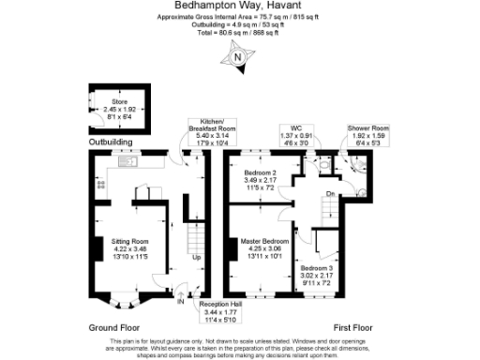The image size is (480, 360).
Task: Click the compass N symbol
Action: pos(239,57)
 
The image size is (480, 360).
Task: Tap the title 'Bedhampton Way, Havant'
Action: pos(239,5)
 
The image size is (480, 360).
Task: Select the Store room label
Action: pos(119,106)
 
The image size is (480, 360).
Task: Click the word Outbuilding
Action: pos(111,142)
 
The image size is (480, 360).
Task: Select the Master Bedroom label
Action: pos(262,247)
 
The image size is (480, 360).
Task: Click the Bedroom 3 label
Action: pos(315,275)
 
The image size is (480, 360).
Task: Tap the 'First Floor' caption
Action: pos(353,327)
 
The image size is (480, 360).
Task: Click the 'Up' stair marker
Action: pos(196,257)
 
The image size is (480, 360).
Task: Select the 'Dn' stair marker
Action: pos(329,193)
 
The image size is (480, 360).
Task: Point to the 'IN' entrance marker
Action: pos(180,302)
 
